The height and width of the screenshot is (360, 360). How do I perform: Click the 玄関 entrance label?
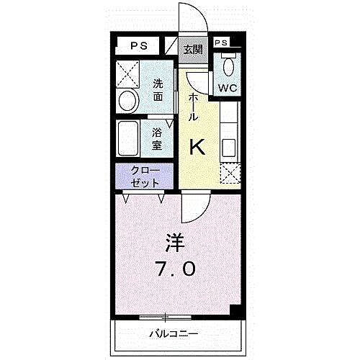tap(192, 50)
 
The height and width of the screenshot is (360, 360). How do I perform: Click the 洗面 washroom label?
tap(158, 89)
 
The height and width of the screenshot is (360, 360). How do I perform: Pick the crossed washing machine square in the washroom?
tap(129, 73)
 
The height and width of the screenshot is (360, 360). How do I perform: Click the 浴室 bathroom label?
tap(157, 138)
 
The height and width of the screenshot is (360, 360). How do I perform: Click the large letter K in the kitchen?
tap(198, 147)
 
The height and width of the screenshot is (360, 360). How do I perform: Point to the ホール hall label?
tap(193, 107)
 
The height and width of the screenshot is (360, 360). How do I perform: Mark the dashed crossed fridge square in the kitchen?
tap(229, 174)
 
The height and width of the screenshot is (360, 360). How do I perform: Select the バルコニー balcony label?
tap(174, 334)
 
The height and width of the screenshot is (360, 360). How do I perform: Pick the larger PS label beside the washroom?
tap(139, 46)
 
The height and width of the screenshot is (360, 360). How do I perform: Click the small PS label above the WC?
tap(222, 43)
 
